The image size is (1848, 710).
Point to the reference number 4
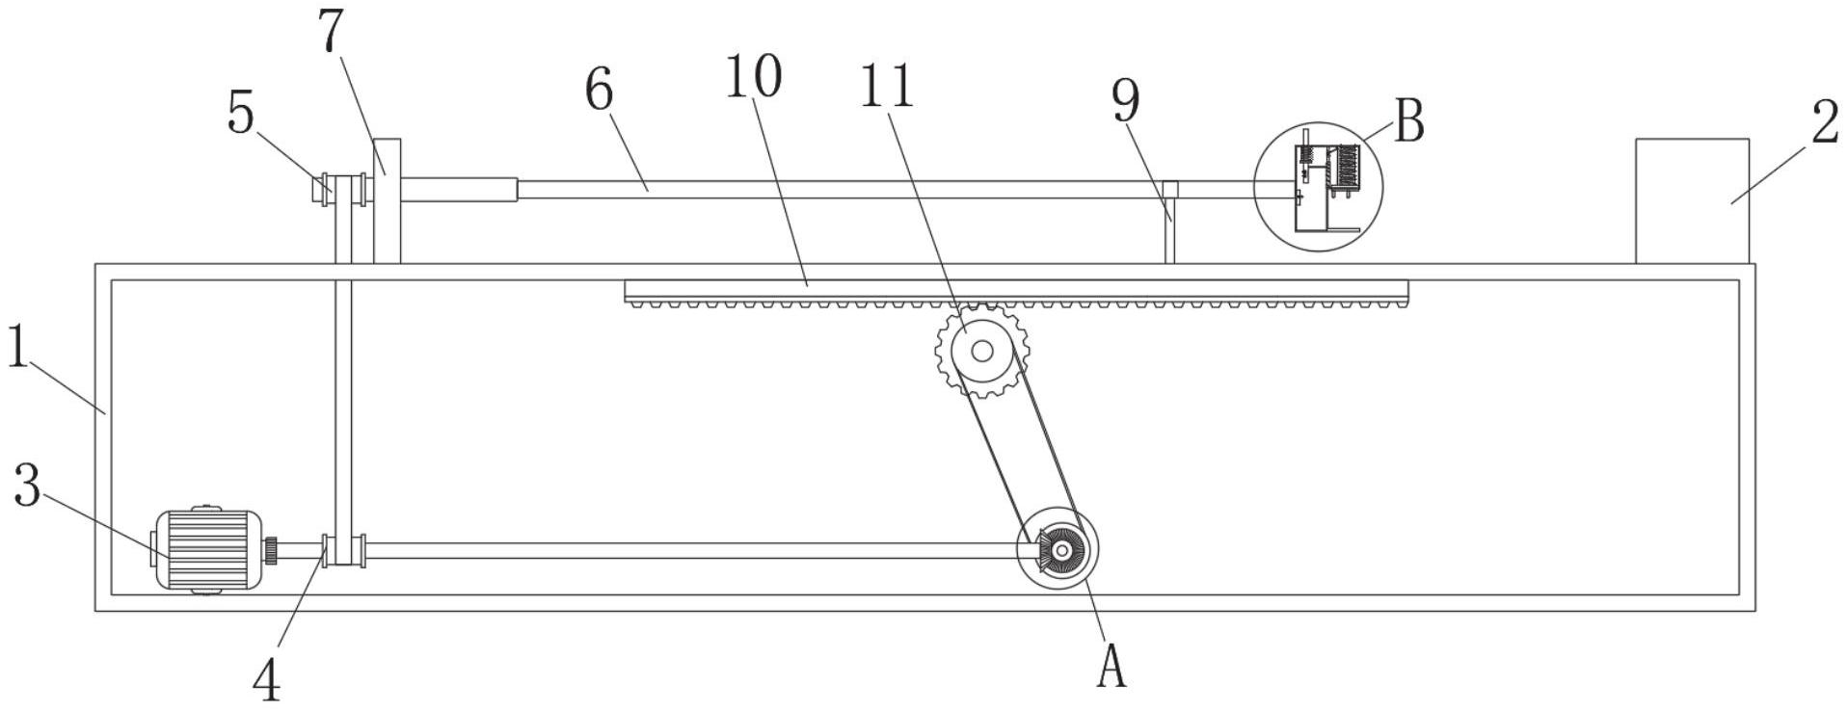[267, 680]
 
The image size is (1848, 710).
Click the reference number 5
[241, 115]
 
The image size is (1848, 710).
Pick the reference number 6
[599, 92]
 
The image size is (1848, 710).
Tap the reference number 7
[331, 31]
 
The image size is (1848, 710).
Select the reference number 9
[1125, 101]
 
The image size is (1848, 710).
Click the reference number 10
[753, 77]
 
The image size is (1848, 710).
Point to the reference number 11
[886, 86]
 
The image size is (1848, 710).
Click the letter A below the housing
[1111, 667]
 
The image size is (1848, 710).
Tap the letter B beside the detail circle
[1408, 122]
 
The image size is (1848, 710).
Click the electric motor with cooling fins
[207, 549]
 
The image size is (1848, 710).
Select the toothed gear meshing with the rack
[981, 351]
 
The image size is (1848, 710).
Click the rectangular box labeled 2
[1692, 200]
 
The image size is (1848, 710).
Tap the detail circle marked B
[1318, 187]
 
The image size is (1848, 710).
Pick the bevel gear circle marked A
[1058, 550]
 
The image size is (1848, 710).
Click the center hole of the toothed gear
[981, 352]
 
